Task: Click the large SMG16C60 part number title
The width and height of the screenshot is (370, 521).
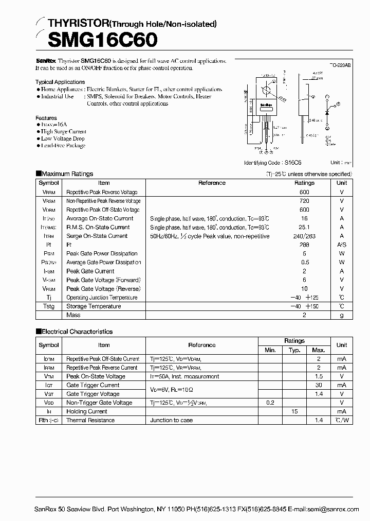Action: (x=96, y=40)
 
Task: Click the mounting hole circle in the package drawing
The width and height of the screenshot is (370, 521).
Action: (x=266, y=91)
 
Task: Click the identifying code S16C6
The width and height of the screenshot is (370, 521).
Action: (x=294, y=162)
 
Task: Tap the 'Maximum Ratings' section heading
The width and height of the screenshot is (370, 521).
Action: (x=67, y=174)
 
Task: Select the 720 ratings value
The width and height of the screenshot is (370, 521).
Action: (x=304, y=201)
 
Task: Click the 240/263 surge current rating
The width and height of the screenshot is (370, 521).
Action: (x=304, y=236)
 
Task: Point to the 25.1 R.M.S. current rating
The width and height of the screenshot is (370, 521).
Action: (x=304, y=227)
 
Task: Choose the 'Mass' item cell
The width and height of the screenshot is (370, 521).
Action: (x=73, y=315)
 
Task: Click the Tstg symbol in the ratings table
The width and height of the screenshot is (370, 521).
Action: (x=49, y=306)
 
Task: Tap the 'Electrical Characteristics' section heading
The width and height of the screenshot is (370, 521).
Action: (x=77, y=332)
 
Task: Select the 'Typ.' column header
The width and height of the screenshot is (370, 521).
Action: (x=294, y=350)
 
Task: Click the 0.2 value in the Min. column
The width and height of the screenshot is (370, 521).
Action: (x=270, y=403)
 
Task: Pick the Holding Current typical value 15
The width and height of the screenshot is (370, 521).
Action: (x=294, y=411)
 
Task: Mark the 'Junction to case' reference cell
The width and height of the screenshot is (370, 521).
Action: (x=172, y=420)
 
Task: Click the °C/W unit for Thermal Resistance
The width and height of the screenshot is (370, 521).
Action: (x=342, y=420)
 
